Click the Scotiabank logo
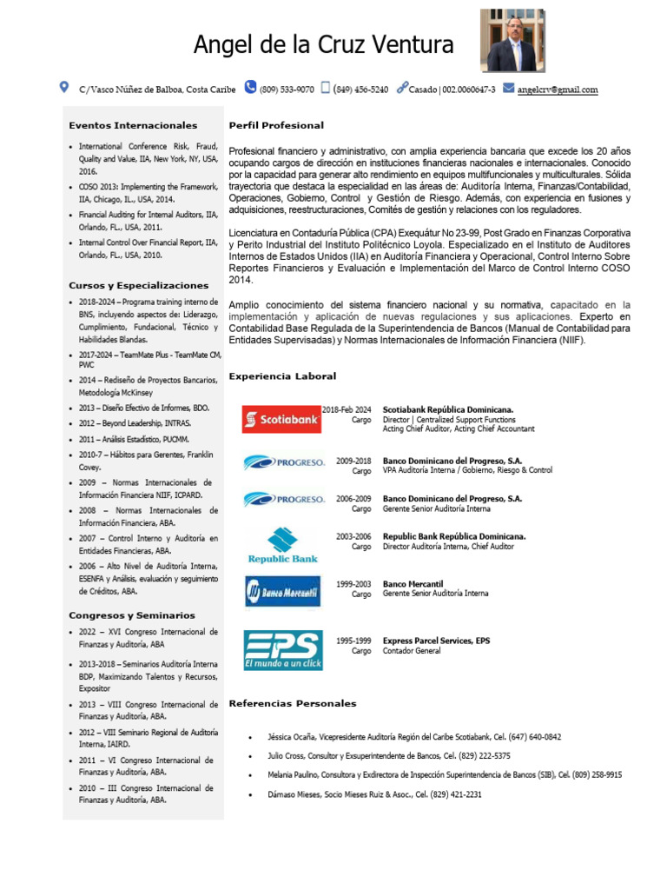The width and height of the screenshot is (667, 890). point(281,420)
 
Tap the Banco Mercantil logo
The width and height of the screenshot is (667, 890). point(281,593)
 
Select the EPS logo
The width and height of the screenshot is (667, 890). point(282,649)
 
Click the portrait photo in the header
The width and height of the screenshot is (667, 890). point(512,41)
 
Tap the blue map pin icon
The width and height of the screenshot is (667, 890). point(63,88)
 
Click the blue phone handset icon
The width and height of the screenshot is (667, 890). point(250,88)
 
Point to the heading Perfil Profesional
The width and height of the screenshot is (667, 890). point(275,126)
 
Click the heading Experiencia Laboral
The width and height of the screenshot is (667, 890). point(281,376)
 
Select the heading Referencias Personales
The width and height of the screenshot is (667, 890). point(292,703)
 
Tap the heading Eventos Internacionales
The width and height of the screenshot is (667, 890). point(133,126)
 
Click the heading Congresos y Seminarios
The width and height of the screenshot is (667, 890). point(132,615)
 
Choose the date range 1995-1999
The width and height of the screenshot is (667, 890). point(353,641)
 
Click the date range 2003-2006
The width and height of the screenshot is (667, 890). point(353,537)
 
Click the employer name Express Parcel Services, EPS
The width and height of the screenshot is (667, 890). point(436,641)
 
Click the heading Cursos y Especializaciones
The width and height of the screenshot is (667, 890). point(139,285)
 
